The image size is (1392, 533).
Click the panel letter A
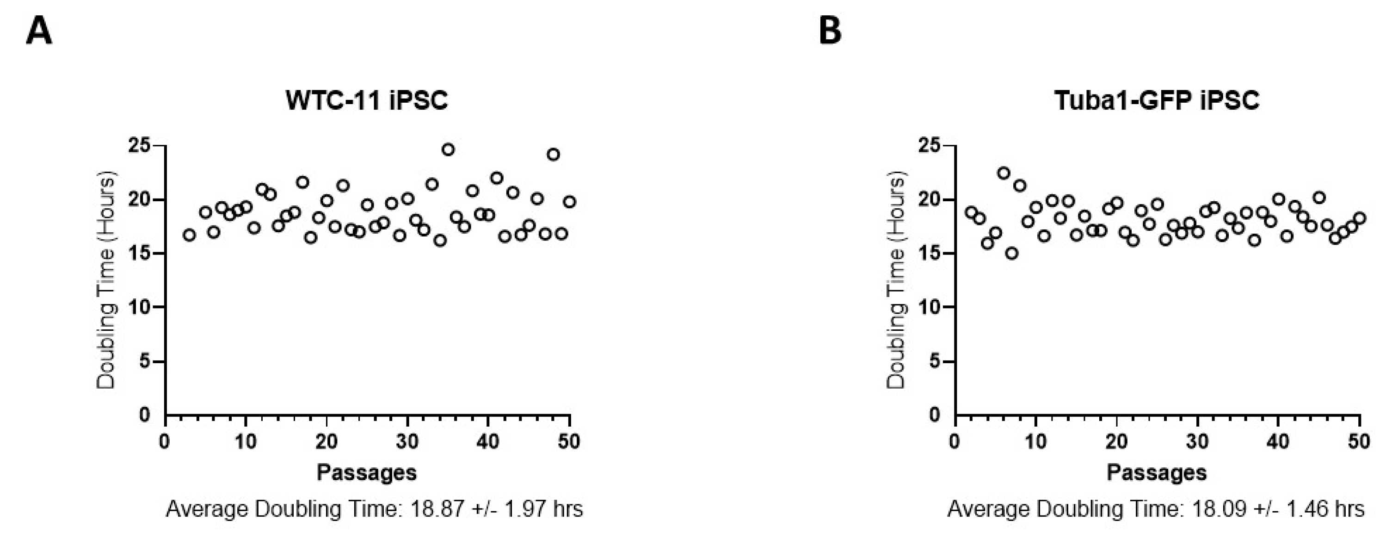39,31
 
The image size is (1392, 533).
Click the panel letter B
830,31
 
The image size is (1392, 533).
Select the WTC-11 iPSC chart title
367,100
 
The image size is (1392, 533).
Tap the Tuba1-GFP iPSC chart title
1157,100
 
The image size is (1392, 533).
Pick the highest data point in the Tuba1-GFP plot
1004,173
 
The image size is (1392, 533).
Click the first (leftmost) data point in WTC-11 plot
189,235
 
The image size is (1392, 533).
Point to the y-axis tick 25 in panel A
139,146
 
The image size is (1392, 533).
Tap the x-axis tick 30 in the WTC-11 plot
407,442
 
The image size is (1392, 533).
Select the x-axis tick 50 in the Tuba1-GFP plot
1359,442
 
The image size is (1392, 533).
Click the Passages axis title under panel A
367,472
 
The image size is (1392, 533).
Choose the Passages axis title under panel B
1157,472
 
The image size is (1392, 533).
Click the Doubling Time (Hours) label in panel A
106,280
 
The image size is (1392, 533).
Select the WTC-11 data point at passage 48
553,155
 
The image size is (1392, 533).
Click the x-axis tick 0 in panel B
955,442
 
